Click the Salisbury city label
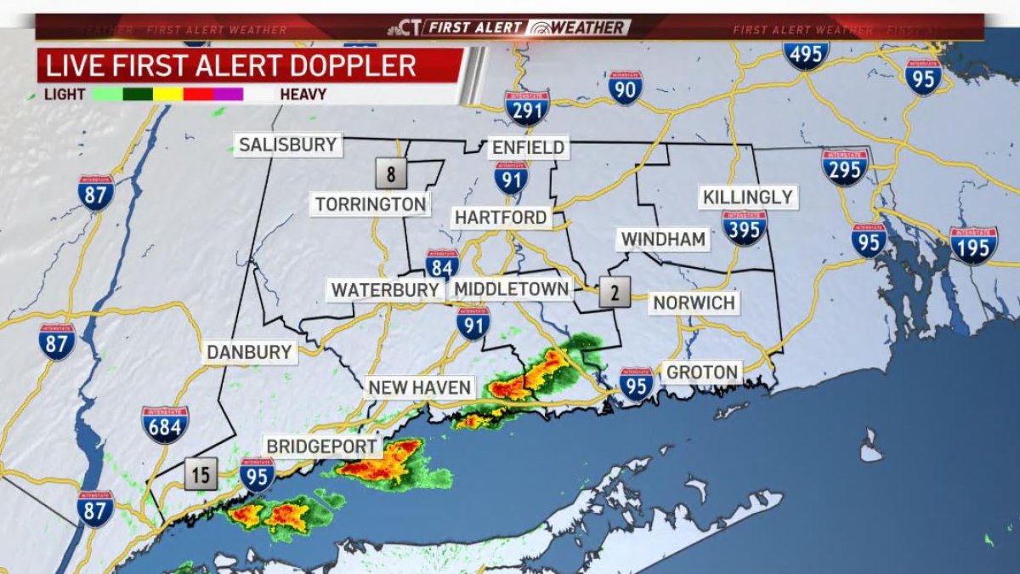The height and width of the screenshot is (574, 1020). coord(288,145)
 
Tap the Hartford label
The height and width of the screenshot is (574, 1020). coord(501,218)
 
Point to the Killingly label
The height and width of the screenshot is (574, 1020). coord(748,197)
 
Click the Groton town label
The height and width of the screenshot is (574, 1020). coord(702,372)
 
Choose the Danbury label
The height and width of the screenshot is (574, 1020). coord(249,352)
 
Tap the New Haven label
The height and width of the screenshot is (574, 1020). coord(419,388)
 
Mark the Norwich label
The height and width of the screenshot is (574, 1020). coord(694,303)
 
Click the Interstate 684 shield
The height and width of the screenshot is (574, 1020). coord(165,424)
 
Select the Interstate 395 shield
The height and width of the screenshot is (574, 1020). coord(745,227)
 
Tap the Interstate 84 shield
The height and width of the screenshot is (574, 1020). coord(442,264)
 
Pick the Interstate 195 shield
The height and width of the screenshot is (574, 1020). coord(973,245)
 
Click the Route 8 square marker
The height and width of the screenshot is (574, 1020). coord(391,176)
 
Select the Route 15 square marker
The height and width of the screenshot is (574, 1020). coord(201,475)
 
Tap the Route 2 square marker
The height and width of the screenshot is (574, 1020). coord(615,293)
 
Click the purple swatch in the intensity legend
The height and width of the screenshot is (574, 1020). coord(228,94)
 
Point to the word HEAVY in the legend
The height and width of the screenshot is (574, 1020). coord(303,94)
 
